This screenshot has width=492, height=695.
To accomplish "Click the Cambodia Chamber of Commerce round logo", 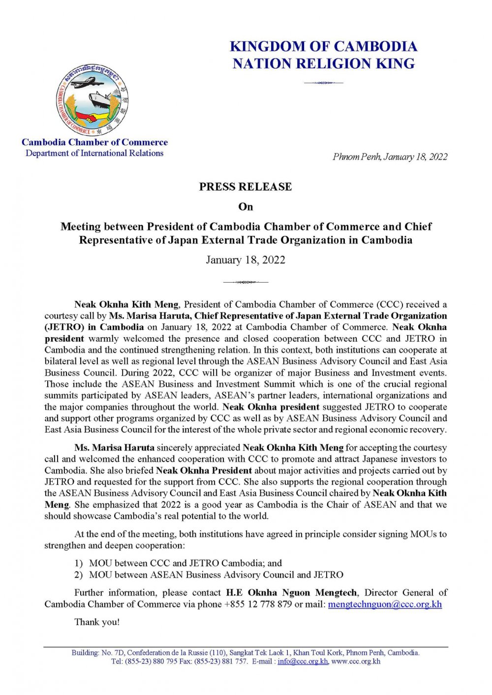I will coord(92,100).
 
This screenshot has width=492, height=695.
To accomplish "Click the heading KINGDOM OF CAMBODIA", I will coord(323,47).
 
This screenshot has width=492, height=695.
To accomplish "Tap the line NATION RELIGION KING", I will coord(323,64).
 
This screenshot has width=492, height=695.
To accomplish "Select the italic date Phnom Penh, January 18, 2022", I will coord(390,157).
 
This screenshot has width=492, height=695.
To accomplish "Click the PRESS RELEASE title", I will coord(246,187).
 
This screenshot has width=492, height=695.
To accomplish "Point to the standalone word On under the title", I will coord(246,207).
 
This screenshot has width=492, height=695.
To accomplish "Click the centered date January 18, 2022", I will coord(246,260).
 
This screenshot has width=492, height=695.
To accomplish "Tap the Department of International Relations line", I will coord(94,153).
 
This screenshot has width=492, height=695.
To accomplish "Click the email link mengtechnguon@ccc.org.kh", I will coord(385,604).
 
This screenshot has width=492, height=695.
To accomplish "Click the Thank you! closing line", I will coord(97,622).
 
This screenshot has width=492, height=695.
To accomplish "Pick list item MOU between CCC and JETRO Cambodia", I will coord(185,563).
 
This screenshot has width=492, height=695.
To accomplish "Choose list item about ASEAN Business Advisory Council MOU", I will coord(216,575).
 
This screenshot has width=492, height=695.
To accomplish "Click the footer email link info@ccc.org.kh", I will coord(303,662).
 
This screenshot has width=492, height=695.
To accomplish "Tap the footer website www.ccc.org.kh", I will coord(356,662).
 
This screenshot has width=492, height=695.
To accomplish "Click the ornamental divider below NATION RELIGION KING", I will coord(323,83).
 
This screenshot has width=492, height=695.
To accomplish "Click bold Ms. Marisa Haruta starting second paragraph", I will coord(115,448).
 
